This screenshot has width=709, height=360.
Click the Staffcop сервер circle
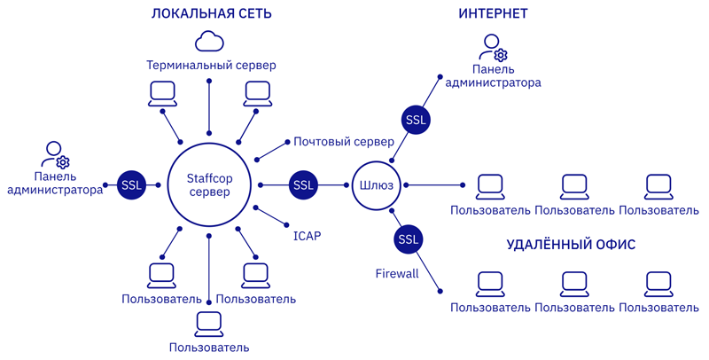tap(209, 184)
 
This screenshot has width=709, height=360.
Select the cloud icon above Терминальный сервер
tap(209, 41)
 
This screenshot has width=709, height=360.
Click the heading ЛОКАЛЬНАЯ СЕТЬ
tap(211, 14)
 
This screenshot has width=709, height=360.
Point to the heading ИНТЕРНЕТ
tap(493, 14)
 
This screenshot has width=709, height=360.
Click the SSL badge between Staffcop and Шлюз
tap(303, 184)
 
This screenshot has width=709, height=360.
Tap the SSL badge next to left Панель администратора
tap(131, 184)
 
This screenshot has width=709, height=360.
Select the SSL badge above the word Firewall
tap(408, 239)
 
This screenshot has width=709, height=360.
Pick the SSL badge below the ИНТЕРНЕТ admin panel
tap(415, 119)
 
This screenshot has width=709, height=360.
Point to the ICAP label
tap(307, 236)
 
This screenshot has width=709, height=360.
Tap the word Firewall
tap(396, 274)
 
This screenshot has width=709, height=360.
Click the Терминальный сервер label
tap(211, 66)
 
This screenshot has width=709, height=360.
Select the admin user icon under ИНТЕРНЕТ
tap(493, 48)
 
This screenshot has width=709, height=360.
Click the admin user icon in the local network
tap(57, 154)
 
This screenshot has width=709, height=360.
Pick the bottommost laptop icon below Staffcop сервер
tap(209, 324)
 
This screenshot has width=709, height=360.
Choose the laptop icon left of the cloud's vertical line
tap(162, 92)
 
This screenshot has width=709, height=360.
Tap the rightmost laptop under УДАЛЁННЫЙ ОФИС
tap(658, 284)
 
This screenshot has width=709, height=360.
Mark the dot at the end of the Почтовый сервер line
tap(286, 142)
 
